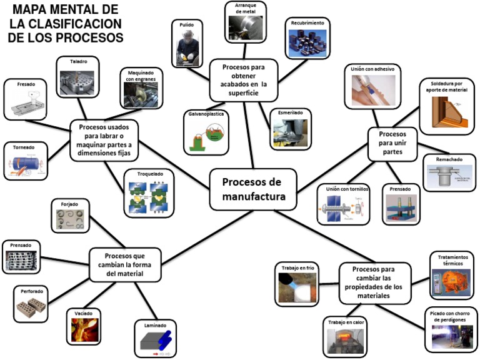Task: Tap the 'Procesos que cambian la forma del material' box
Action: (124, 264)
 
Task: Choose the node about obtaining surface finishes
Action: (242, 79)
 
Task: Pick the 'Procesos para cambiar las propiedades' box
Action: (376, 284)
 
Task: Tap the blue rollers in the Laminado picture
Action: (163, 339)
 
